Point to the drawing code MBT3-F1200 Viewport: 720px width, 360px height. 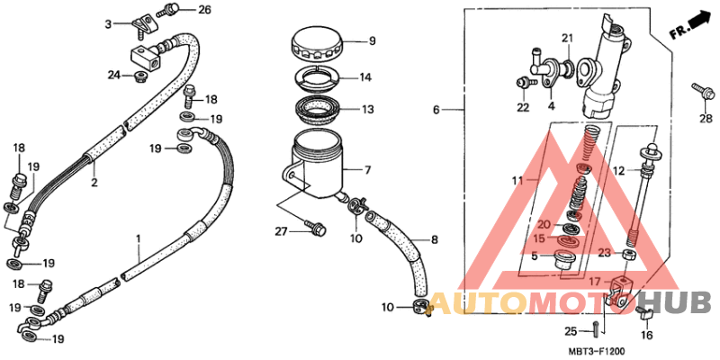597,351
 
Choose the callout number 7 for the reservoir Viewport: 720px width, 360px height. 367,171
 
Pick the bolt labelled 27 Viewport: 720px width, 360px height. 316,227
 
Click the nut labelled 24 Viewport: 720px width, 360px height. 140,77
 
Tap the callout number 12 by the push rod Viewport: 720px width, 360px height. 619,171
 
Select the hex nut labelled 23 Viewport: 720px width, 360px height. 628,254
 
